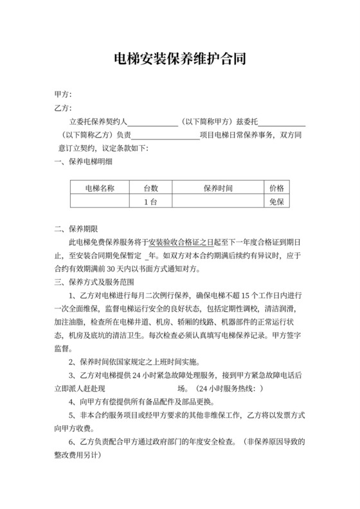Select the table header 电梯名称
100,188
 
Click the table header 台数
150,188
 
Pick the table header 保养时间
218,188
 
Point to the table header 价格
277,188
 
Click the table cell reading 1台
150,202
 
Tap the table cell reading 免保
277,202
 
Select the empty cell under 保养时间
218,202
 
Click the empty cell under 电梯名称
100,202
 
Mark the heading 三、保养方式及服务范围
93,282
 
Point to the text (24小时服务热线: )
228,389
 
